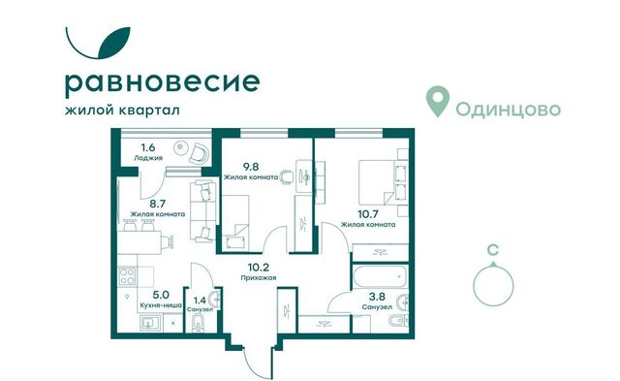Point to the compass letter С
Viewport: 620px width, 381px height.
[x=494, y=249]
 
